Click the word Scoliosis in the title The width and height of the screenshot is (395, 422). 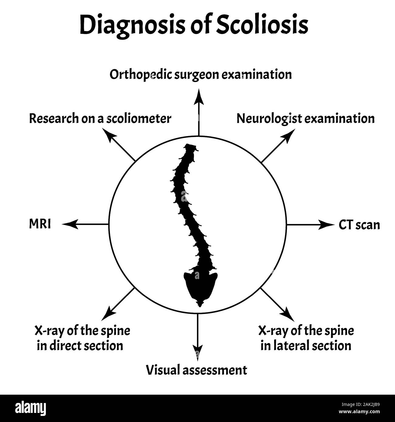pyautogui.click(x=263, y=25)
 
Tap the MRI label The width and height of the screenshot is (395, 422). pyautogui.click(x=40, y=224)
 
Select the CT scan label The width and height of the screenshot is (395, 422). pyautogui.click(x=359, y=225)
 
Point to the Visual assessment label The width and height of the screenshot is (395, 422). pyautogui.click(x=197, y=370)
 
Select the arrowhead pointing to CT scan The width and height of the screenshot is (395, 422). pyautogui.click(x=327, y=225)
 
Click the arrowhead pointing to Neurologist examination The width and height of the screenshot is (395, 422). pyautogui.click(x=290, y=134)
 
